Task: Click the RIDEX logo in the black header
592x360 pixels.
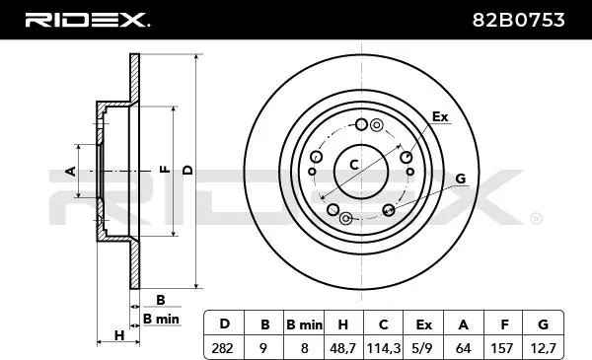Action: coord(87,20)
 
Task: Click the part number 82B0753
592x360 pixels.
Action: coord(518,20)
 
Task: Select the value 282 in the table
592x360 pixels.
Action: coord(222,348)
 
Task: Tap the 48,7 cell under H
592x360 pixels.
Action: coord(342,348)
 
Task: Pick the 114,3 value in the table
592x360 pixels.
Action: coord(383,348)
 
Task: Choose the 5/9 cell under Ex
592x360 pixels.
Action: coord(423,348)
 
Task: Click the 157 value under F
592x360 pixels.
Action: coord(502,348)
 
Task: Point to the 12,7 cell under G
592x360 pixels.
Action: coord(544,348)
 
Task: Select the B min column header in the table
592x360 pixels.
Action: coord(304,324)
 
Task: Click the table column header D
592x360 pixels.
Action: coord(225,324)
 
